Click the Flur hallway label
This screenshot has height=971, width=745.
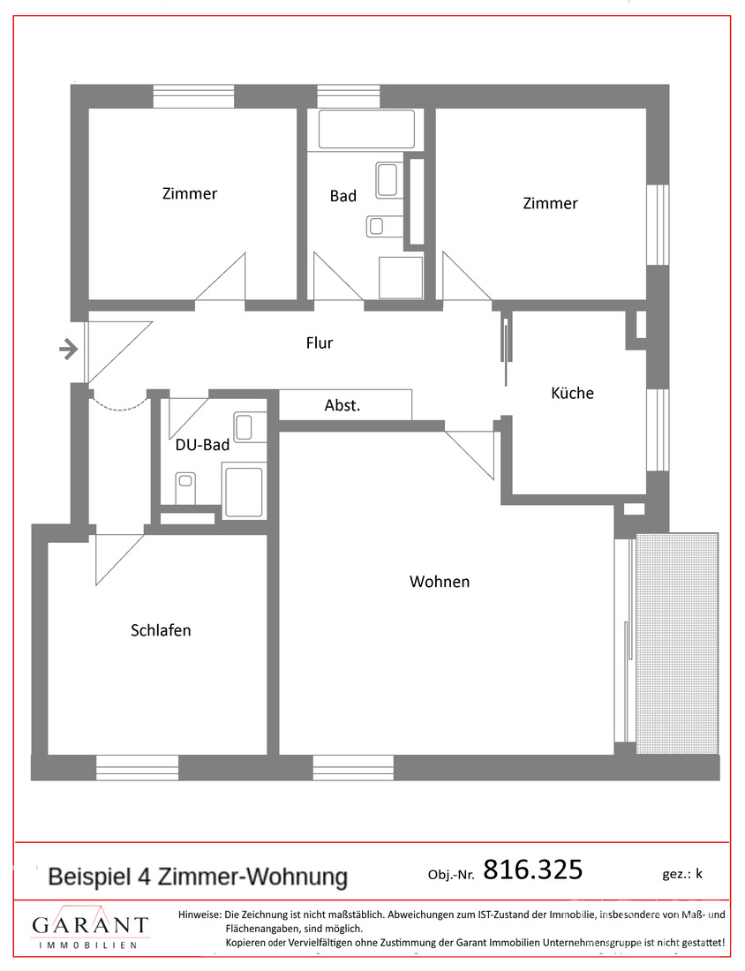point(320,342)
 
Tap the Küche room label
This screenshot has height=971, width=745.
point(572,393)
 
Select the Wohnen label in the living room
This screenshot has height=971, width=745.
point(440,582)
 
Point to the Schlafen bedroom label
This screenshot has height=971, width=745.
point(161,630)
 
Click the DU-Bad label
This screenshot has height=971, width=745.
point(202,446)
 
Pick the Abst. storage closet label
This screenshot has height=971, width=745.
point(342,406)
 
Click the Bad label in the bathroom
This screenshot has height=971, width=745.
point(343,196)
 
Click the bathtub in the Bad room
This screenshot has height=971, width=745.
point(366,129)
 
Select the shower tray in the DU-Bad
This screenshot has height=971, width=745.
point(244,492)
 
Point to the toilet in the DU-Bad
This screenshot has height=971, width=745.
point(185,484)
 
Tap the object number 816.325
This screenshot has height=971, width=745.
point(533,870)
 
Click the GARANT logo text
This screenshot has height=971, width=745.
point(90,925)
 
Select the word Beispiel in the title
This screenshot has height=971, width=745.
point(89,877)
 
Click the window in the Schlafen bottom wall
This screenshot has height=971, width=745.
point(137,767)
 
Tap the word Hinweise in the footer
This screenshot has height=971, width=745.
point(199,915)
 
